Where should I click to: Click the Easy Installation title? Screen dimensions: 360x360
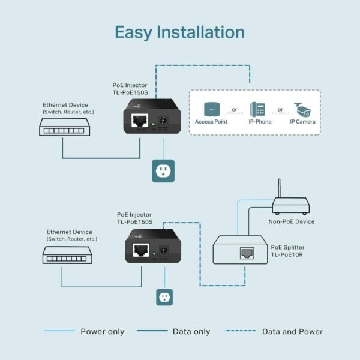[x=179, y=32]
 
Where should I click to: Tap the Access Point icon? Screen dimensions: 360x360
[x=212, y=109]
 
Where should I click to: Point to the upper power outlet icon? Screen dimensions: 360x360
[x=163, y=171]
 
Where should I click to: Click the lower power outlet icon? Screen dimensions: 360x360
[x=164, y=296]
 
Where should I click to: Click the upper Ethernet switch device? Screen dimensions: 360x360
[x=62, y=127]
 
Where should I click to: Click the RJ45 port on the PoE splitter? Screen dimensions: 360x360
[x=245, y=253]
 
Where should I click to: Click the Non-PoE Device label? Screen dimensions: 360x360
[x=292, y=221]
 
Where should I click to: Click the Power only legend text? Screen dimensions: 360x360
[x=102, y=331]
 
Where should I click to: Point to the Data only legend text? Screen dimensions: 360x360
[x=191, y=331]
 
